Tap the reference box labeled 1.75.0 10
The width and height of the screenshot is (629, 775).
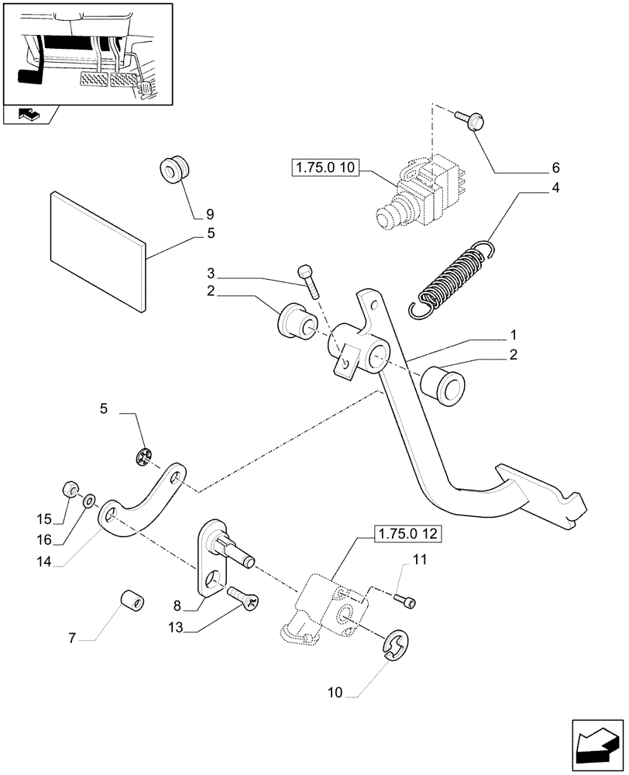click(x=325, y=168)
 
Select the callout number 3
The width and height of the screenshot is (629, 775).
click(x=211, y=274)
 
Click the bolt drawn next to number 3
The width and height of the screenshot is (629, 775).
click(x=308, y=281)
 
